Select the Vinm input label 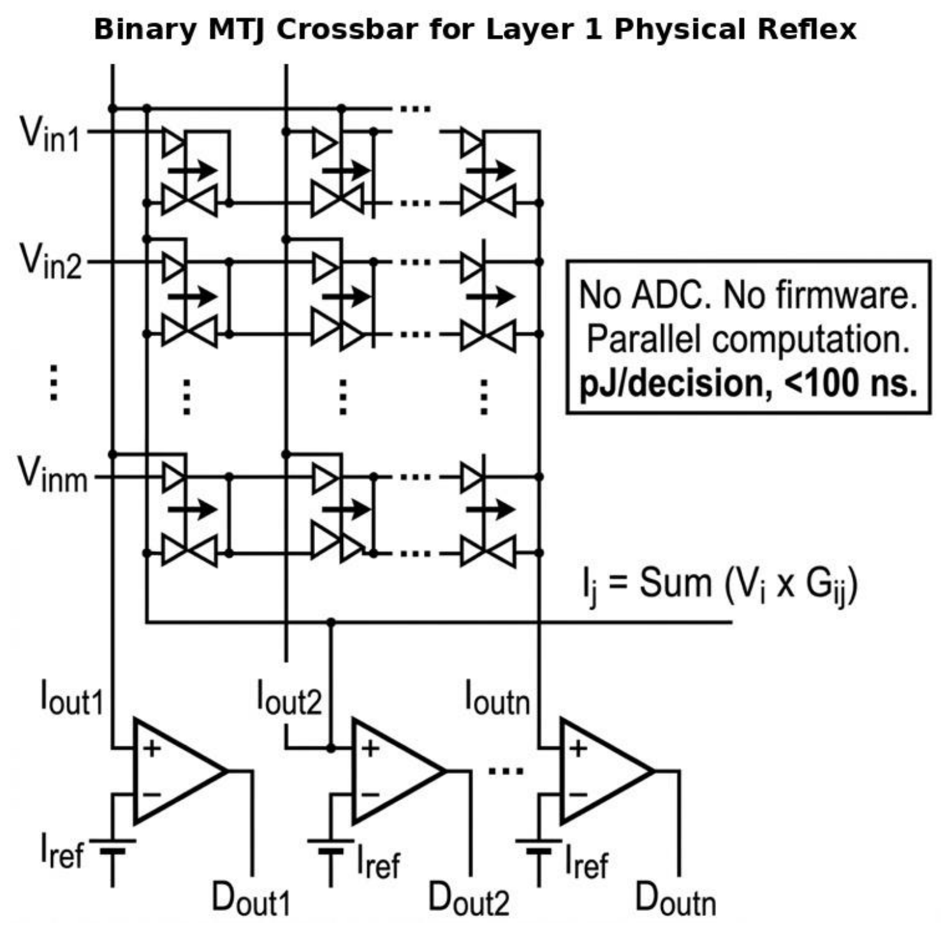[53, 475]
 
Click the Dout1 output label [251, 898]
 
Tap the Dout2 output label [469, 898]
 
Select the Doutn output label [676, 898]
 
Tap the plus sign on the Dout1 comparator [152, 748]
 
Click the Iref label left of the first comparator [62, 851]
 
